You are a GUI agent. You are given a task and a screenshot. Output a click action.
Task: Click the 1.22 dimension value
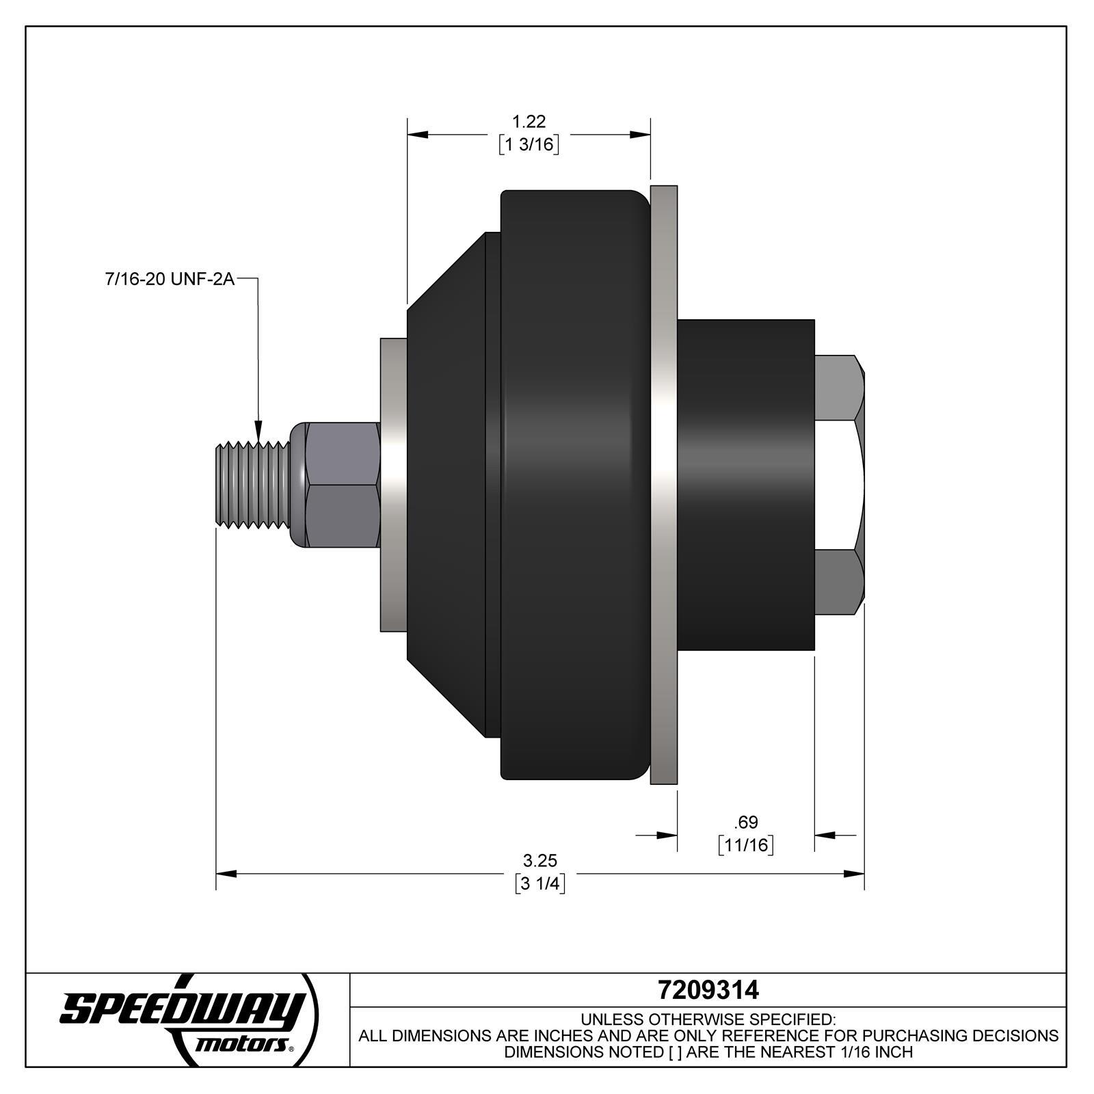[x=529, y=122]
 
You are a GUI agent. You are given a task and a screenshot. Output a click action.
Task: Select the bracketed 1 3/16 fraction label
[x=529, y=145]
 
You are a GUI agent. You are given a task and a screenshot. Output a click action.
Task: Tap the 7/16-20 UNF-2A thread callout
[x=170, y=280]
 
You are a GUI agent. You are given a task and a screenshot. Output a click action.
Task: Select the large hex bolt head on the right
[x=840, y=484]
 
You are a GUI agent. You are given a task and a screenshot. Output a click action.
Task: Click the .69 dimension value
[x=745, y=822]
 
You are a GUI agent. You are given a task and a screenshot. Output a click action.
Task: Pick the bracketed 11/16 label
[x=746, y=845]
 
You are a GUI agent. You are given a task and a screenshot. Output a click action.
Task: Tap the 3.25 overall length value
[x=540, y=860]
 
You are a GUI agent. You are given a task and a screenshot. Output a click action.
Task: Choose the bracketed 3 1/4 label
[x=540, y=883]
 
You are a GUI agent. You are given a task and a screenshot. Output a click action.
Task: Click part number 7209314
[x=708, y=989]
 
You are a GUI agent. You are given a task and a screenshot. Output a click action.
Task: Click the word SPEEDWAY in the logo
[x=181, y=1010]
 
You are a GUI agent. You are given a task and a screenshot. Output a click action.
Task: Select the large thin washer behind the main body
[x=663, y=484]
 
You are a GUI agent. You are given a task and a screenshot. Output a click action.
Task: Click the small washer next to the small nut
[x=393, y=484]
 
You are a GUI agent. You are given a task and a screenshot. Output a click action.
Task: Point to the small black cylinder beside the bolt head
[x=745, y=484]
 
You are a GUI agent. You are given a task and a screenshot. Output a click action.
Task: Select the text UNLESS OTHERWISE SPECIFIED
[x=708, y=1019]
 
